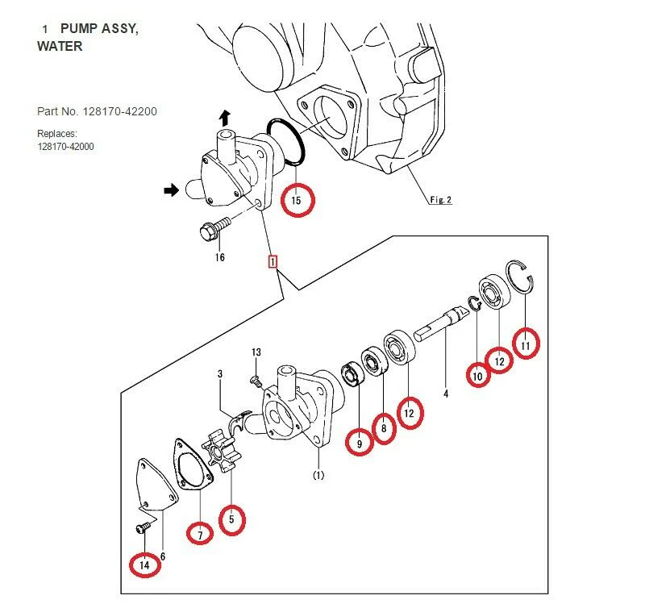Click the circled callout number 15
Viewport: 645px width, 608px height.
[x=296, y=200]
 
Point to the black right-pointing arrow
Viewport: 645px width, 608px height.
[x=170, y=190]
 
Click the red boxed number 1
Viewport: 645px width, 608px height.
[x=273, y=262]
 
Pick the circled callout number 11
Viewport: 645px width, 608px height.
[x=526, y=344]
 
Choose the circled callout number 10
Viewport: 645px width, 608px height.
[x=477, y=373]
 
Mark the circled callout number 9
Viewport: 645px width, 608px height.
[x=360, y=441]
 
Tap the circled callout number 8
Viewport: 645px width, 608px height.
[x=384, y=430]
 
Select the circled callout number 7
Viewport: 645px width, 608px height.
[x=199, y=531]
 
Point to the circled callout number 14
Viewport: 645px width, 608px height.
[x=144, y=565]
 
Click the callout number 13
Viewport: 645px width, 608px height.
[x=256, y=352]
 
